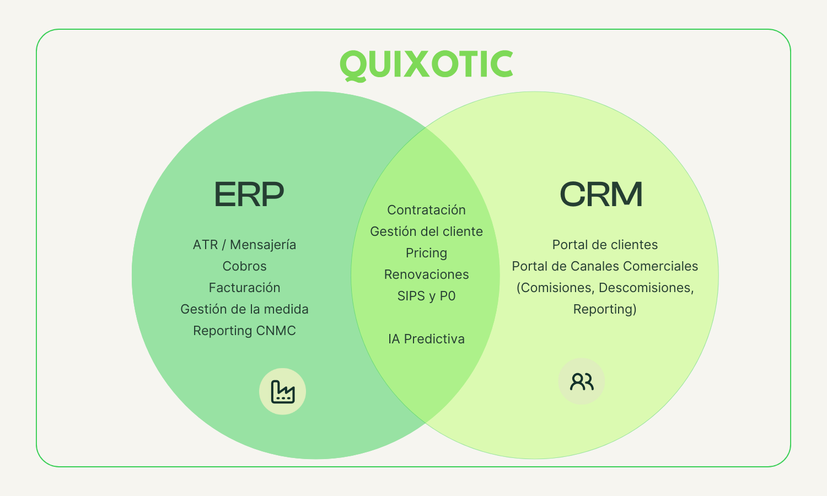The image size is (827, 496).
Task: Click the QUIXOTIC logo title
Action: pyautogui.click(x=426, y=64)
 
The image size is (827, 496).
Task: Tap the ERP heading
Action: pyautogui.click(x=249, y=195)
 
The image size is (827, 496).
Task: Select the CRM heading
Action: pyautogui.click(x=601, y=195)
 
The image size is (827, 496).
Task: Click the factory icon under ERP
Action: pyautogui.click(x=283, y=392)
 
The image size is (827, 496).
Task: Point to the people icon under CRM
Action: pyautogui.click(x=582, y=381)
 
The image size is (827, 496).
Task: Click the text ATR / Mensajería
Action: pyautogui.click(x=244, y=245)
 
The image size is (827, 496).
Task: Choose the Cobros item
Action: pyautogui.click(x=244, y=266)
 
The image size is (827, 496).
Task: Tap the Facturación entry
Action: pyautogui.click(x=244, y=288)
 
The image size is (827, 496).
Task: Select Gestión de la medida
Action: pyautogui.click(x=244, y=309)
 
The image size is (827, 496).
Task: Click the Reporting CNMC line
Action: pyautogui.click(x=244, y=331)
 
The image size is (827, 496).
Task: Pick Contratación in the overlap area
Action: pyautogui.click(x=426, y=210)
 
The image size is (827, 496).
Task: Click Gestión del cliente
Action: pyautogui.click(x=426, y=231)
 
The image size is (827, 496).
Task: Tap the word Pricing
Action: pyautogui.click(x=426, y=253)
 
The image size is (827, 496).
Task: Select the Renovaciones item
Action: pyautogui.click(x=426, y=274)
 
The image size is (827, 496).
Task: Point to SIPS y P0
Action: pyautogui.click(x=426, y=296)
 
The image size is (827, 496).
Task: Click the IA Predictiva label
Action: pyautogui.click(x=426, y=339)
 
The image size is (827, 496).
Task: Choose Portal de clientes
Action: pyautogui.click(x=605, y=245)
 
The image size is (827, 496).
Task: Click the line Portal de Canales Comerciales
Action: pyautogui.click(x=605, y=266)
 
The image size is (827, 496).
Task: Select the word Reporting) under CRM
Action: pyautogui.click(x=605, y=309)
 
